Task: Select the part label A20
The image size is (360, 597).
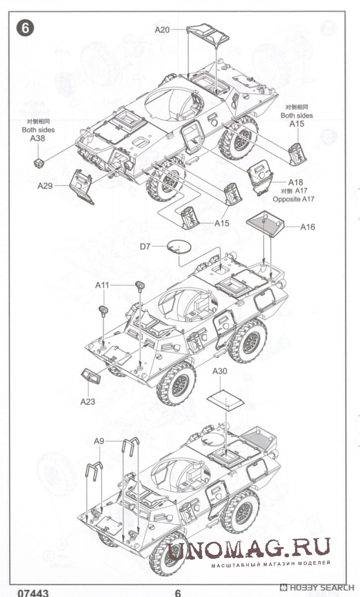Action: (162, 29)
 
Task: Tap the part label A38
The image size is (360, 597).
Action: (37, 139)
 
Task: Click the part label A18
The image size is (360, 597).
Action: (296, 182)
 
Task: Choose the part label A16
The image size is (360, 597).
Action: (308, 227)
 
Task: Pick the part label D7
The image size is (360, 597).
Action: (146, 246)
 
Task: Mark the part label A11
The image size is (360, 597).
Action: (102, 285)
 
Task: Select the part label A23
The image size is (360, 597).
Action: (87, 402)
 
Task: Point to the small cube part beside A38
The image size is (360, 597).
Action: (39, 162)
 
